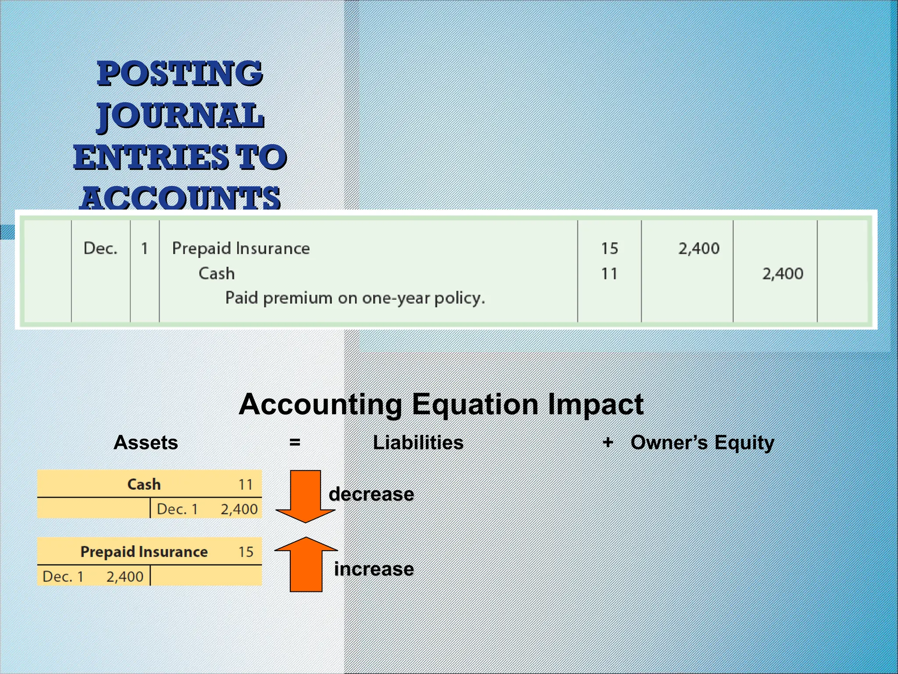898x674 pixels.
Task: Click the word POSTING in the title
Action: coord(180,73)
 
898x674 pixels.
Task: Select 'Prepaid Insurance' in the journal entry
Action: coord(241,248)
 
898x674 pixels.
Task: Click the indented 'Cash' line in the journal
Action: coord(217,274)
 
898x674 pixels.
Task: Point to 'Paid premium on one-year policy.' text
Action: coord(355,298)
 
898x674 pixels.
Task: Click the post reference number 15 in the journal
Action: coord(609,248)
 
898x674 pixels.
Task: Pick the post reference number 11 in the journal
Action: coord(609,274)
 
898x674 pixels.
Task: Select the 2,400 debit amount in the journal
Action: coord(699,248)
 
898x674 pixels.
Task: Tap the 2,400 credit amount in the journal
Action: coord(783,274)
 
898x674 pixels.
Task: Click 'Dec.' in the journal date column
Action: coord(100,248)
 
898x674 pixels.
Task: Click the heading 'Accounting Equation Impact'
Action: coord(441,404)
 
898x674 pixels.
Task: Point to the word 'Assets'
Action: coord(146,442)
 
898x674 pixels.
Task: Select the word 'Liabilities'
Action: coord(418,442)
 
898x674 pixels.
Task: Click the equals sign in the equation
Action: coord(295,442)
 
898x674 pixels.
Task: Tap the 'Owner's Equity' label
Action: coord(702,442)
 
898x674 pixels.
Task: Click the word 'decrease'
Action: coord(371,494)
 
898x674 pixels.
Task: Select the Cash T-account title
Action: coord(144,484)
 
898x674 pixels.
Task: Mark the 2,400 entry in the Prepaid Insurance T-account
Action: coord(125,576)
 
